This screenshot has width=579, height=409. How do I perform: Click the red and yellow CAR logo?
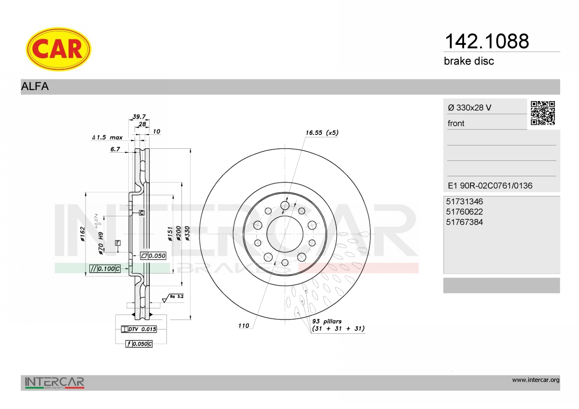58,49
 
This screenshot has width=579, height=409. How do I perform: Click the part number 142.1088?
487,41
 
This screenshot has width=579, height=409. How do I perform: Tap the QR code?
543,113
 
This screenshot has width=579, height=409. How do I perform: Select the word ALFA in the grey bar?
35,86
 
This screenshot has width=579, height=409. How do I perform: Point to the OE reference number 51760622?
464,212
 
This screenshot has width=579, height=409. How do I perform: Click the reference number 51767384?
464,222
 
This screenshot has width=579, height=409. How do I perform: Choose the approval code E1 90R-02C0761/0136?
490,185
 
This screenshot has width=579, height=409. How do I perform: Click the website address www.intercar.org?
536,380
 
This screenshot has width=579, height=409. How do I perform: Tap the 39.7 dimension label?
139,117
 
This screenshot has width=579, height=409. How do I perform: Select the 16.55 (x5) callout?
322,132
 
